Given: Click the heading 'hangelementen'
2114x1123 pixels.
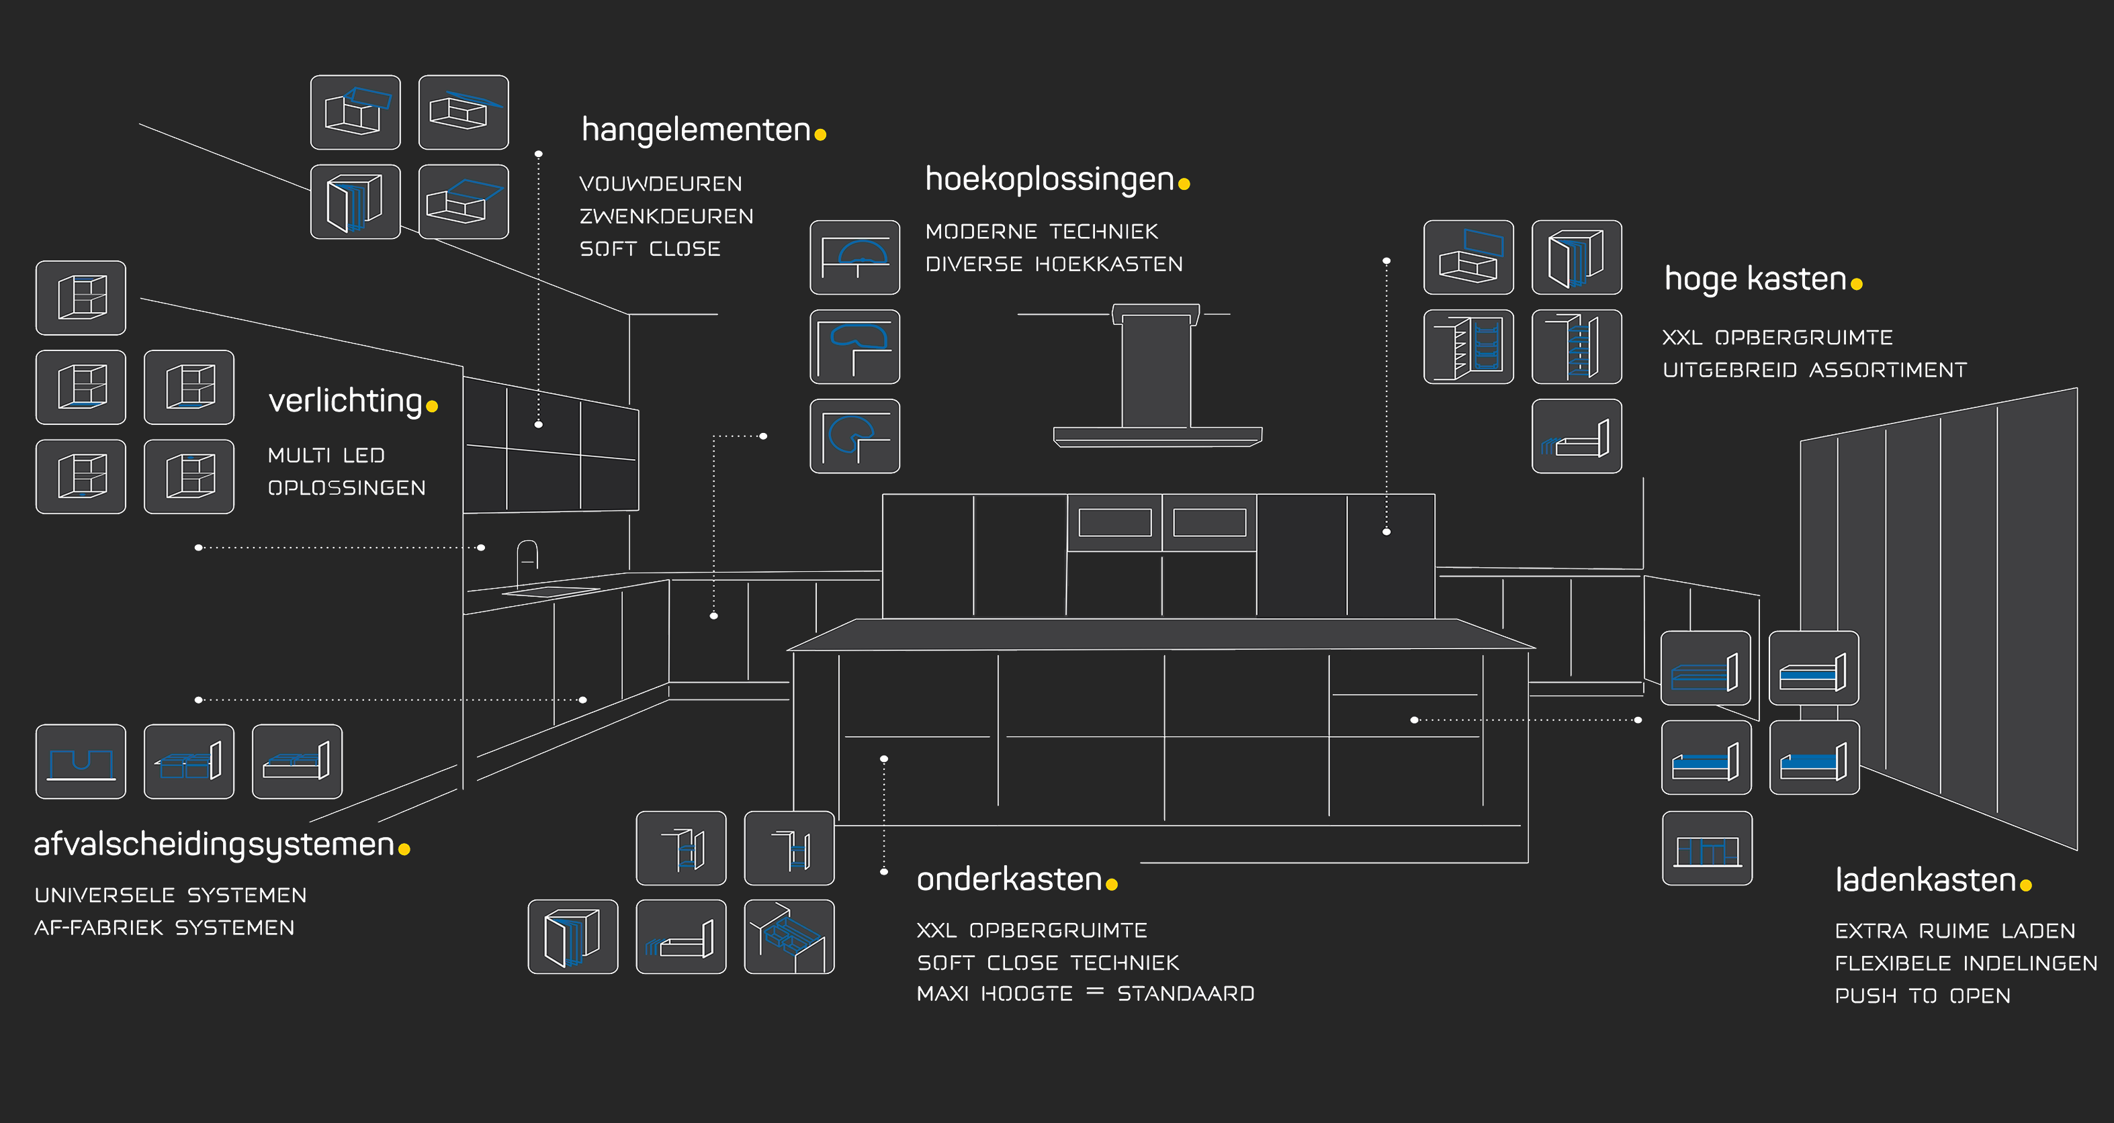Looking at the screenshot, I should tap(696, 130).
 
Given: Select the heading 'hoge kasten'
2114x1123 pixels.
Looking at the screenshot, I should tap(1755, 279).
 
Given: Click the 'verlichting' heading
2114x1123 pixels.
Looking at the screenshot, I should tap(345, 400).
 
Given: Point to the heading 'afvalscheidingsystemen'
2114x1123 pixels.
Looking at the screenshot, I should tap(214, 844).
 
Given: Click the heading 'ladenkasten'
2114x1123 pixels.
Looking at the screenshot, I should tap(1925, 880).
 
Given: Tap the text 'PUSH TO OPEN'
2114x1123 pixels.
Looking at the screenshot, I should tap(1922, 996).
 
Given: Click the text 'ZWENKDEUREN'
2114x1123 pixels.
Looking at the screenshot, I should tap(666, 217).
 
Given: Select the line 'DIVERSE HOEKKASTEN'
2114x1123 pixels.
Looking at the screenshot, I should tap(1054, 264).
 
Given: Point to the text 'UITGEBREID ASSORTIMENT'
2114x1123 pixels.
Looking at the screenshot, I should tap(1814, 370).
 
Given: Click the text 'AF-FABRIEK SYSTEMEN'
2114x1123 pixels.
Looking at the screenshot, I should tap(164, 928).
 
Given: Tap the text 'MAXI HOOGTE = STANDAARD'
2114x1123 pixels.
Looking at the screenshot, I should tap(1085, 994).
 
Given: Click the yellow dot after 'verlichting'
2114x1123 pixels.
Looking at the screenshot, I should tap(433, 406).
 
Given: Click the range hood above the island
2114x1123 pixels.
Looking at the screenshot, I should tap(1157, 377).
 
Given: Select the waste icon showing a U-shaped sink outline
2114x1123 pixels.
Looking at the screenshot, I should tap(81, 761).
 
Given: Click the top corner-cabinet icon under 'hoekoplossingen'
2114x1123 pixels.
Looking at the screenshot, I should tap(854, 258).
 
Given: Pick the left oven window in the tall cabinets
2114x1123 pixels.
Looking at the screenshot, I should tap(1114, 522).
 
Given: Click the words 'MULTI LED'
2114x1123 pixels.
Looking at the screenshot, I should tap(326, 455).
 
